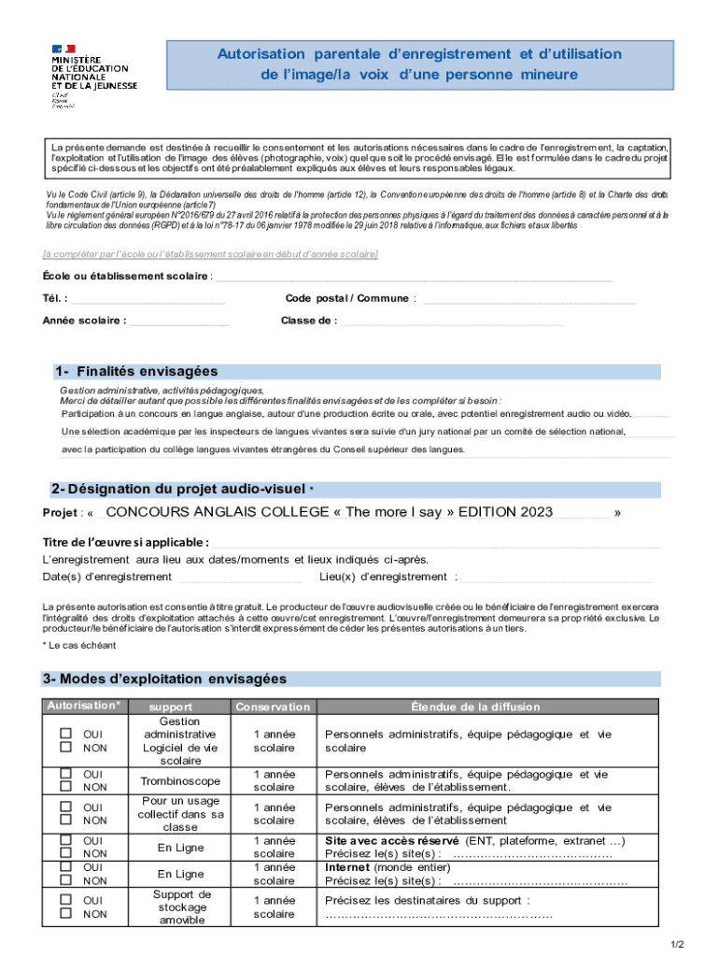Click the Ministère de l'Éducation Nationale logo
93,75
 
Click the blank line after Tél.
148,300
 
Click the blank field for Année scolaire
178,321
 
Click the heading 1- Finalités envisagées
135,371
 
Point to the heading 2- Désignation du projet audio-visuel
177,489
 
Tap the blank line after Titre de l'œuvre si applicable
435,544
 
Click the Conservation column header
273,707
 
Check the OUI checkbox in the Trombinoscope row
66,774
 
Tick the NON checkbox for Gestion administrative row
66,748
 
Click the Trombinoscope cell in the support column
180,781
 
